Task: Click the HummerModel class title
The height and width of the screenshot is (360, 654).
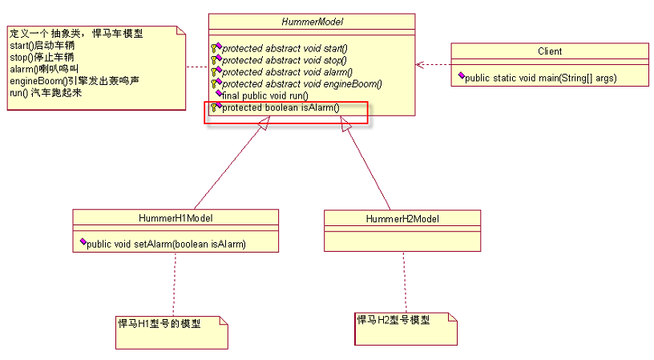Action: (312, 21)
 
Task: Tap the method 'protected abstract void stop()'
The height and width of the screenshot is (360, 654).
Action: (284, 60)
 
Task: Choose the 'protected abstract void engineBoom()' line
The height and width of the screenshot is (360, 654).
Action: (301, 83)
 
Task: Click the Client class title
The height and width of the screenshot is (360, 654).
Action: (549, 51)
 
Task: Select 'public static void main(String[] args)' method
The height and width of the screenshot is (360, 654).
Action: (542, 78)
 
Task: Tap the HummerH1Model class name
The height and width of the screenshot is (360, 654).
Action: (175, 217)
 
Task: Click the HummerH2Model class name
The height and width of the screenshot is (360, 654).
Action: (402, 218)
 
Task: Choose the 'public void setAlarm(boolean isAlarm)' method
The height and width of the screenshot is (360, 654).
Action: (165, 244)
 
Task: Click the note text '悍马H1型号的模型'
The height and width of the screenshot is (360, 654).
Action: (159, 324)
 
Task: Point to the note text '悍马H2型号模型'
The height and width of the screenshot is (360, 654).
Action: (394, 320)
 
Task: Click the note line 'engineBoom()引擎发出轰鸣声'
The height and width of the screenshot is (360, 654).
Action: (75, 81)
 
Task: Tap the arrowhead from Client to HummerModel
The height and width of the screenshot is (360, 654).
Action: (419, 65)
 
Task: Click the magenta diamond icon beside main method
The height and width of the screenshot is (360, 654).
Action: (461, 77)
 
